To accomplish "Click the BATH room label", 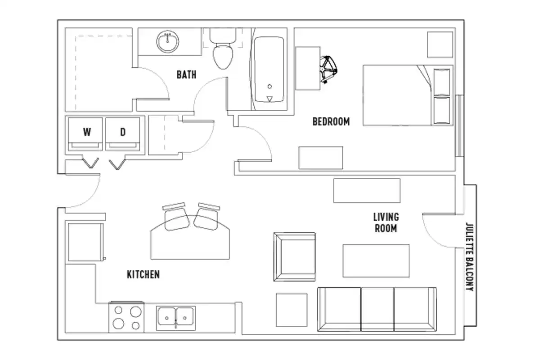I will tap(186, 74).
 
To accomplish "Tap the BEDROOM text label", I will tap(331, 121).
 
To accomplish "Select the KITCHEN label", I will tap(143, 274).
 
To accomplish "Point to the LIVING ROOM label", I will tap(386, 223).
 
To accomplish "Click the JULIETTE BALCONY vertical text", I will tap(470, 256).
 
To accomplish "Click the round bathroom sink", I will tap(168, 42).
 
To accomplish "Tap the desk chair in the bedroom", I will tap(330, 70).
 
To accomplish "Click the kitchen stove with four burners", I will tap(126, 317).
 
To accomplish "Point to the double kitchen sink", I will tap(176, 318).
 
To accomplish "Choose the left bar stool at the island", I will tap(176, 216).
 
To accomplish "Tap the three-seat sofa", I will tap(377, 310).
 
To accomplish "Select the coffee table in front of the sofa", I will tap(376, 261).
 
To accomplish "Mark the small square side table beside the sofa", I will tap(292, 310).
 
